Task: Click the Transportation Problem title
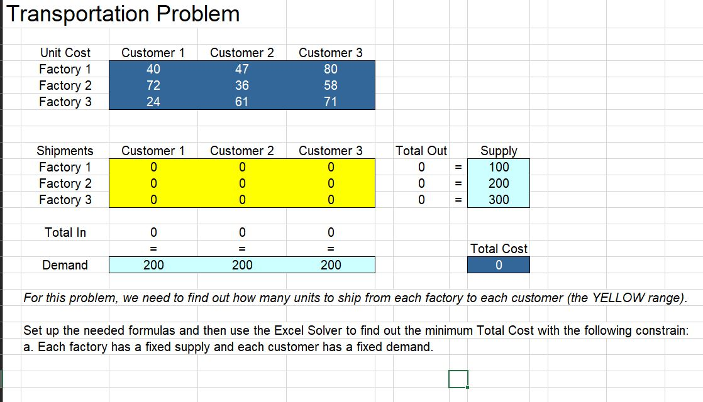123,14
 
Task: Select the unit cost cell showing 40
153,69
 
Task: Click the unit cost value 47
242,69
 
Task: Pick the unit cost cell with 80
331,69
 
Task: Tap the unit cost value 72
153,85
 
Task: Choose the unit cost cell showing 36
242,85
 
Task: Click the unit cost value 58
331,85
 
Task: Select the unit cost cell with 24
153,102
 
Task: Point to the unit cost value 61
242,102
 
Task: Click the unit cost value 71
331,102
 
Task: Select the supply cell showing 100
499,167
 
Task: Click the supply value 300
499,200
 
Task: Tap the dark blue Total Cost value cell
499,265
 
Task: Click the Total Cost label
499,249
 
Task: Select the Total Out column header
421,151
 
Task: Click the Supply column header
499,151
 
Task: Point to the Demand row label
65,265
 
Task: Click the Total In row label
65,232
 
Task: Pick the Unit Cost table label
65,53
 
